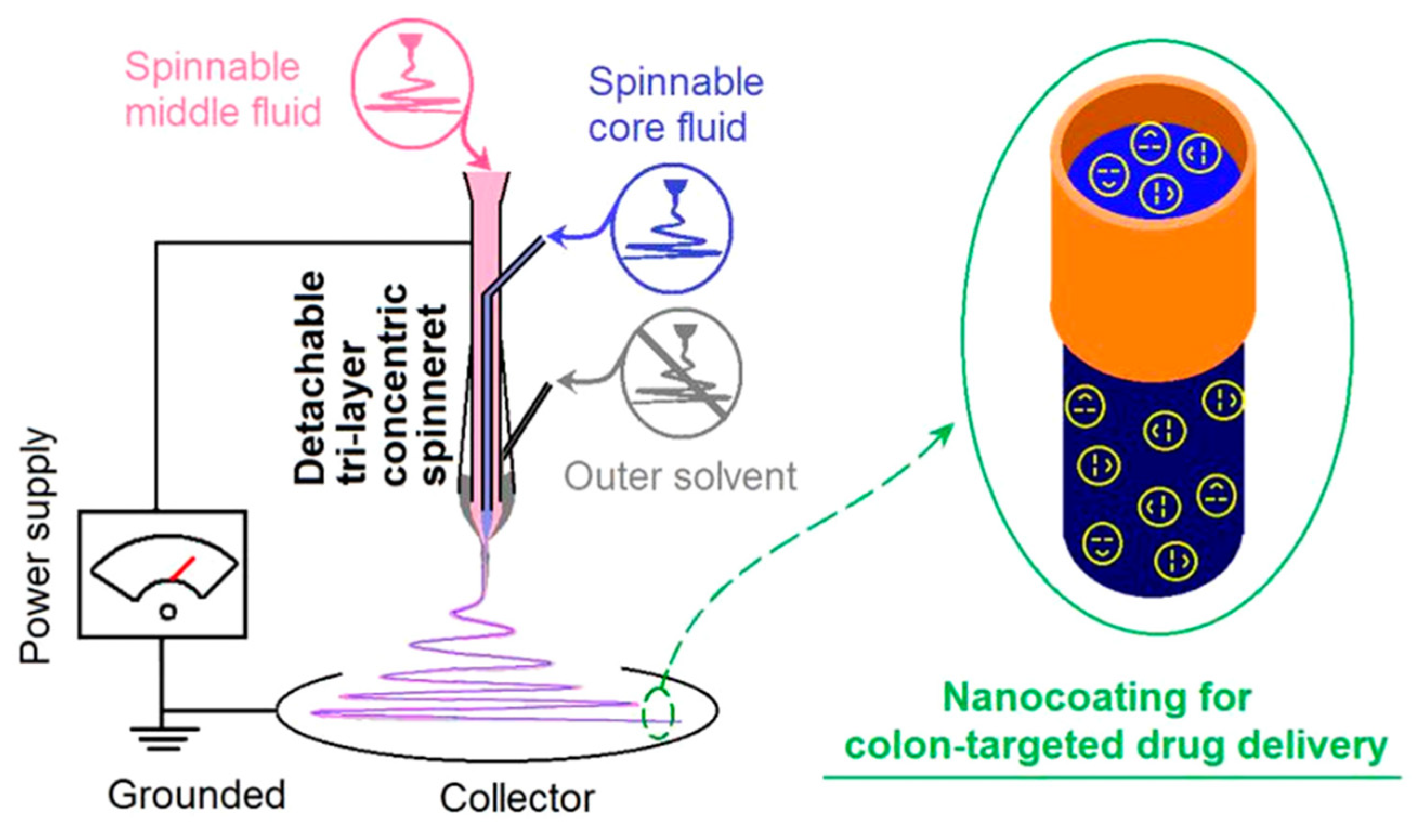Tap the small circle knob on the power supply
[168, 612]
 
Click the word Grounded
[197, 796]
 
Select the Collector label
[517, 798]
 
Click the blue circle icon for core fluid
[672, 227]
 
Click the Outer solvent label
[680, 477]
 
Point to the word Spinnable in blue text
[676, 83]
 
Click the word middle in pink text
[169, 112]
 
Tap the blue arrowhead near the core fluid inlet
[555, 238]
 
